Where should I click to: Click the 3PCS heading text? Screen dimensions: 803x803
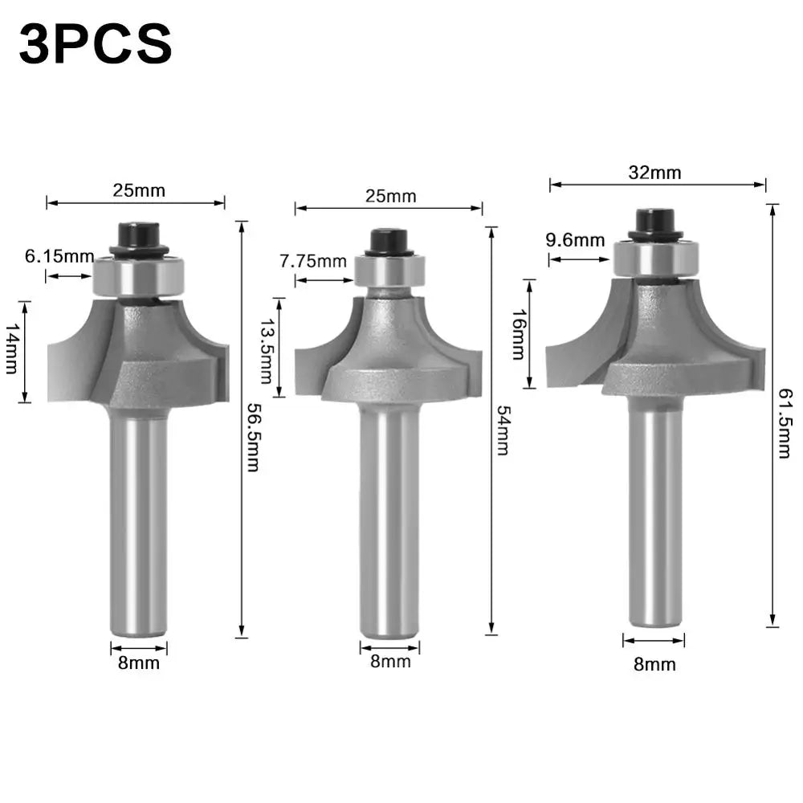(x=95, y=45)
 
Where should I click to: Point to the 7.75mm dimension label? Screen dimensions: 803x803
(x=313, y=261)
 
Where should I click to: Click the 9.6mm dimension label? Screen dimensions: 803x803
(x=574, y=239)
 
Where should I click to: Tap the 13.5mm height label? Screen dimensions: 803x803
(x=266, y=346)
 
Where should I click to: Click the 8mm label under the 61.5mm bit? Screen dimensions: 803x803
(x=654, y=664)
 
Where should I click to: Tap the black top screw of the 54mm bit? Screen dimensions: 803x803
(x=389, y=239)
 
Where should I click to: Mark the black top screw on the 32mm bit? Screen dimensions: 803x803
(x=654, y=221)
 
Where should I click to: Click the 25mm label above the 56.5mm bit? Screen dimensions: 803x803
(x=138, y=190)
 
